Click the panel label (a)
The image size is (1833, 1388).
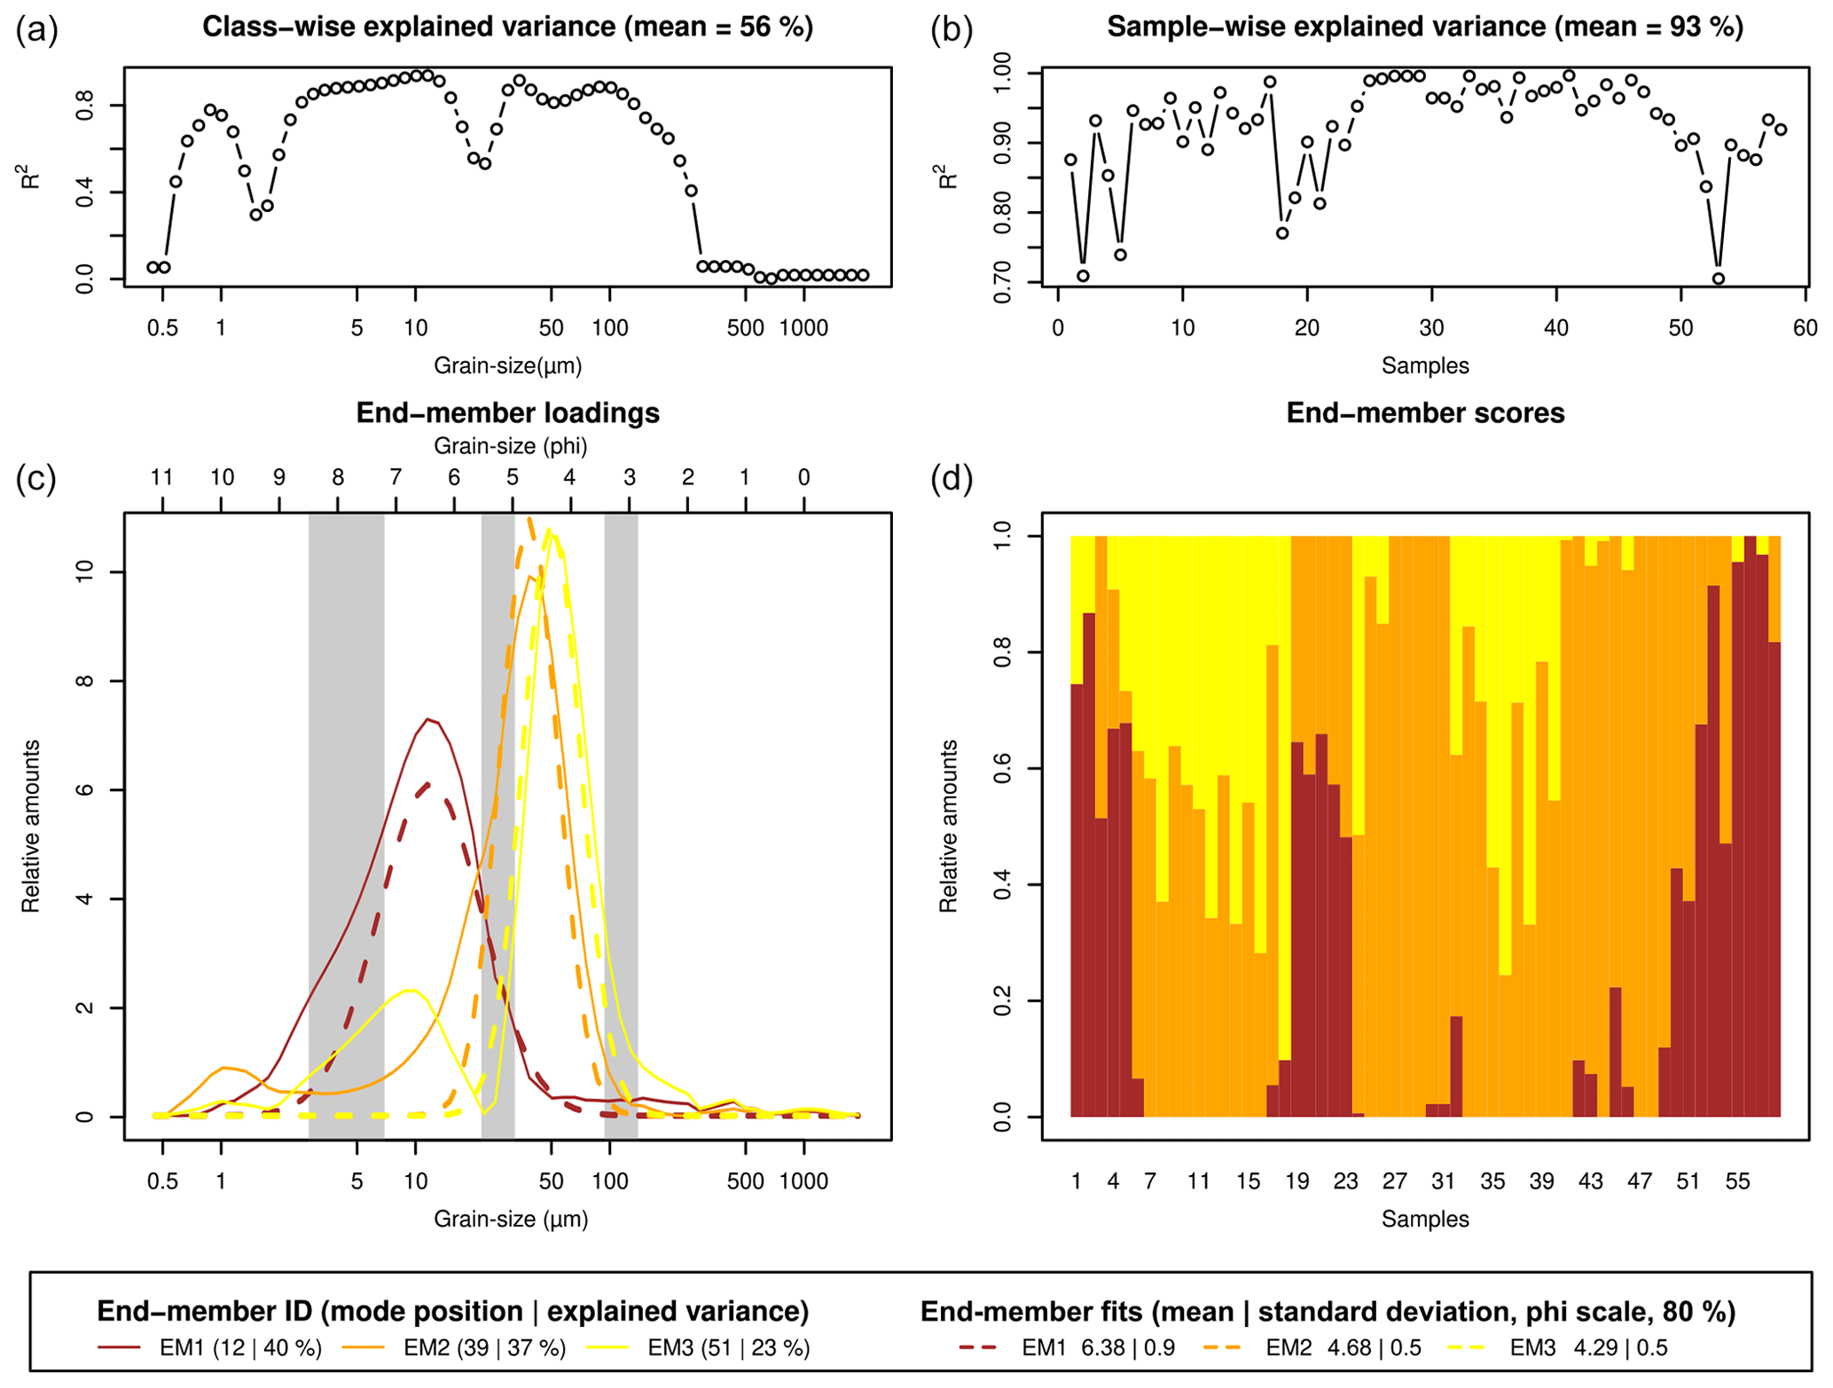[36, 31]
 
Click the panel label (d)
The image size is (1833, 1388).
[952, 480]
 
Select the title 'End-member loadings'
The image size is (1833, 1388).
[507, 413]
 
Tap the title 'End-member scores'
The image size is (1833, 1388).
[1424, 413]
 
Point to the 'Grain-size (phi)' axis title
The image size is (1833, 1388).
[510, 445]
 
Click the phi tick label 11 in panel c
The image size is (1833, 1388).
[161, 478]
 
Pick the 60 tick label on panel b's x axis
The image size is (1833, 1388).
[1805, 328]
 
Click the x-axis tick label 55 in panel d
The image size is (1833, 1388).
[1737, 1181]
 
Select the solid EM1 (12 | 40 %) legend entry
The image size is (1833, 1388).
[209, 1348]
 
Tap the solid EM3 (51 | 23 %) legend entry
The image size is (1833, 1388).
[698, 1348]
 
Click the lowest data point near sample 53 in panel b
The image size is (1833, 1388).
[1718, 278]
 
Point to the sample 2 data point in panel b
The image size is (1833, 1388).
[1083, 276]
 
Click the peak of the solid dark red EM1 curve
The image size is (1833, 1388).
[428, 719]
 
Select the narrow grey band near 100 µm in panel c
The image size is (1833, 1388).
[621, 825]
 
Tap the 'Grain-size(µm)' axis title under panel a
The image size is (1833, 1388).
[507, 365]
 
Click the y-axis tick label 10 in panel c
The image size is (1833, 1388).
[85, 572]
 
